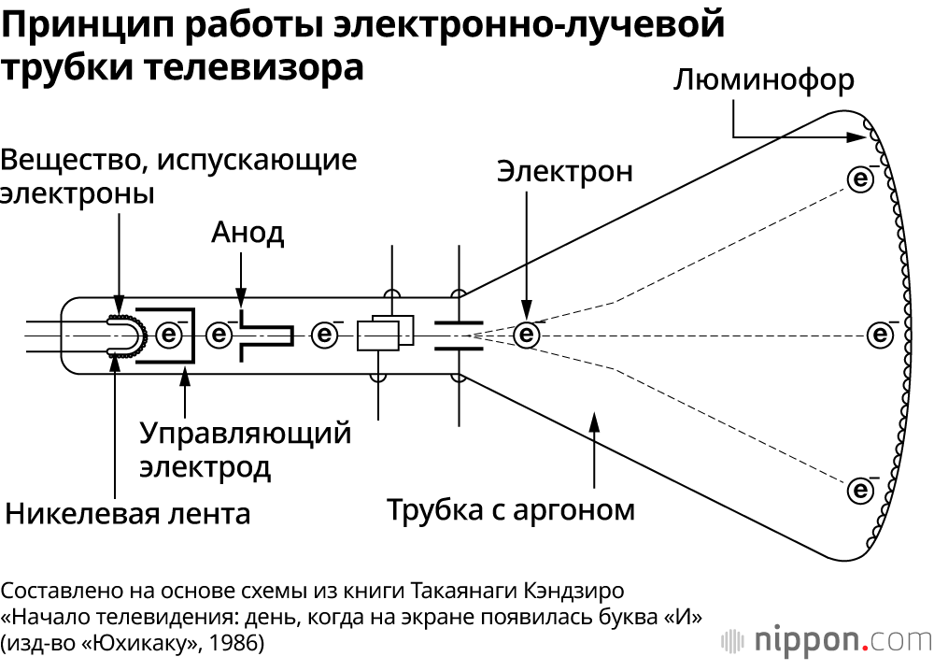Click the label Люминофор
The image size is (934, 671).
point(763,80)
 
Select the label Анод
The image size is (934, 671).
point(248,232)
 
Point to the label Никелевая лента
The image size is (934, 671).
point(128,513)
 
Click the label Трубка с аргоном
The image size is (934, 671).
point(511,510)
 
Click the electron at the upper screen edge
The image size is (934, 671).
point(860,178)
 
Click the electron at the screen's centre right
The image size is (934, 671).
point(880,333)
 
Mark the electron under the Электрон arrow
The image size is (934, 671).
point(528,334)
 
